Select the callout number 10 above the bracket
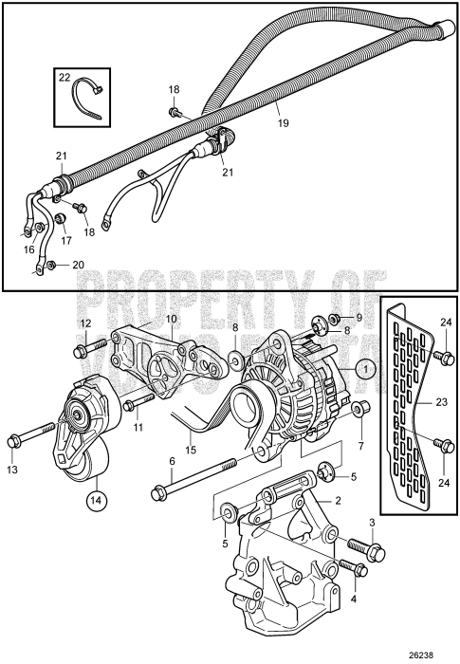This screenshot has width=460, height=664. [x=171, y=320]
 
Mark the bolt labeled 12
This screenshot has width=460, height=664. [x=82, y=351]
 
